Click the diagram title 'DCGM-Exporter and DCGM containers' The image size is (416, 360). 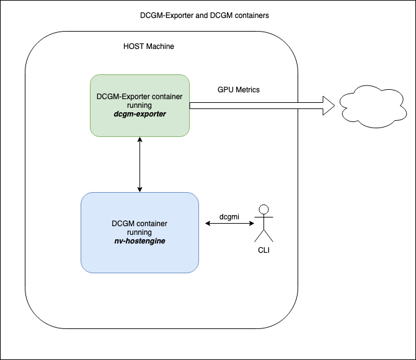204,15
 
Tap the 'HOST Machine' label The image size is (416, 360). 149,47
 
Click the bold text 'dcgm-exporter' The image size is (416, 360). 139,115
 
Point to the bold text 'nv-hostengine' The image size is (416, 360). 139,241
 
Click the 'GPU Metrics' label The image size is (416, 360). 238,90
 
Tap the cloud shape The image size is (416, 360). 368,105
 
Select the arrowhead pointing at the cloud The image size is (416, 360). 329,105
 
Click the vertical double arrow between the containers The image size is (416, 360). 140,164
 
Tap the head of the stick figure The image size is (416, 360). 264,209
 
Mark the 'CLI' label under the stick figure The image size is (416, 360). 264,251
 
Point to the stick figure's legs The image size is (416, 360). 264,235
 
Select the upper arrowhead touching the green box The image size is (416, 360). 140,141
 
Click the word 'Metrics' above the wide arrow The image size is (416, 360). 247,90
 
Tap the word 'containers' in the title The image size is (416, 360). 250,15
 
